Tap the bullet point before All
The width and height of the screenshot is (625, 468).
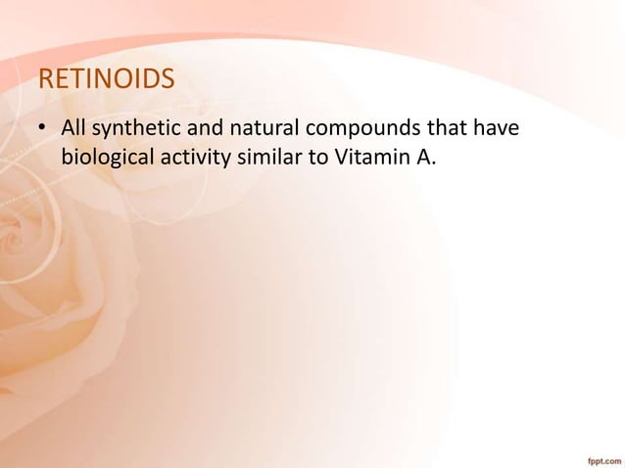coord(43,129)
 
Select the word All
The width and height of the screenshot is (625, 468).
coord(74,128)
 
